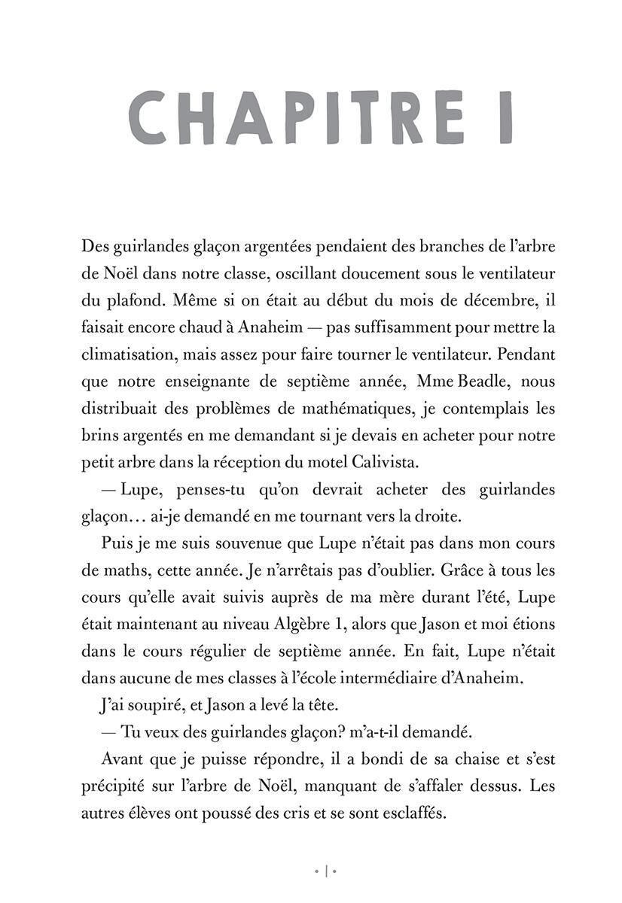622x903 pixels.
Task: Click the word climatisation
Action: point(124,353)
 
